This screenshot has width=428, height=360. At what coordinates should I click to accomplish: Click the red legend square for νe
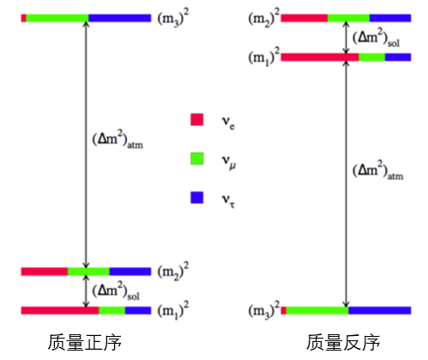pyautogui.click(x=197, y=119)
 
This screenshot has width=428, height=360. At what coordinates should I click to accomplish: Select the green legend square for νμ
pyautogui.click(x=197, y=159)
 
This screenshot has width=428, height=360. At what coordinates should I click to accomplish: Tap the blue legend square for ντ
pyautogui.click(x=197, y=197)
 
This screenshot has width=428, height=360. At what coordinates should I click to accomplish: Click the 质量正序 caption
pyautogui.click(x=85, y=342)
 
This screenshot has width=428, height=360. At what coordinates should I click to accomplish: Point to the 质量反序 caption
pyautogui.click(x=343, y=342)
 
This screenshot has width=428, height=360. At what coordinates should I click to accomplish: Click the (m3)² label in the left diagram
pyautogui.click(x=173, y=18)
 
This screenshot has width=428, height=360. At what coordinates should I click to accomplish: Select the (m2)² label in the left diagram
pyautogui.click(x=173, y=271)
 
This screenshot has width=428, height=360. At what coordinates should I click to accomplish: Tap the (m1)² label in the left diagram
pyautogui.click(x=173, y=310)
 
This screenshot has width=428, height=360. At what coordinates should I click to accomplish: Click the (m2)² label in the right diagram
pyautogui.click(x=264, y=18)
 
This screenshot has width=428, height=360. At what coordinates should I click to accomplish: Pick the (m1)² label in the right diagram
pyautogui.click(x=264, y=57)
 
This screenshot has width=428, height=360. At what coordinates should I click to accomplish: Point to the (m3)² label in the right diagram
pyautogui.click(x=264, y=310)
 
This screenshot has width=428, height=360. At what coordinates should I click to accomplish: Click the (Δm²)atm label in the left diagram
pyautogui.click(x=118, y=139)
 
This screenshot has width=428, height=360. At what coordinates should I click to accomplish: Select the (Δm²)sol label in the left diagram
pyautogui.click(x=116, y=291)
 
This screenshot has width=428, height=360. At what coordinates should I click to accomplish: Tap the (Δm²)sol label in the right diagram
pyautogui.click(x=376, y=38)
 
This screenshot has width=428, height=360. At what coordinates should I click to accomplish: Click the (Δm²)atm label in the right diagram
pyautogui.click(x=377, y=170)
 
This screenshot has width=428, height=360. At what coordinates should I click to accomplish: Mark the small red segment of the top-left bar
pyautogui.click(x=24, y=18)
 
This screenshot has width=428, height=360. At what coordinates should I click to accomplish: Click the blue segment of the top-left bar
pyautogui.click(x=120, y=18)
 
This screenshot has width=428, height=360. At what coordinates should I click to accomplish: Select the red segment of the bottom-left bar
pyautogui.click(x=60, y=310)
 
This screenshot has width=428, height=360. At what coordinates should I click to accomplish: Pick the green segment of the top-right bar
pyautogui.click(x=348, y=18)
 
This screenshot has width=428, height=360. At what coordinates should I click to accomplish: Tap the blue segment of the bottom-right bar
pyautogui.click(x=380, y=310)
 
